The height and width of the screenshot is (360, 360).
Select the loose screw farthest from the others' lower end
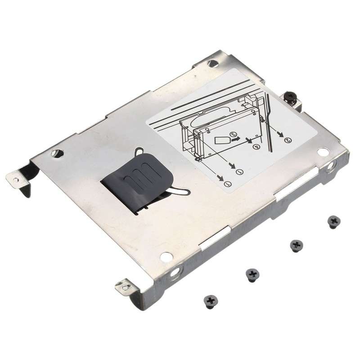[x=333, y=220]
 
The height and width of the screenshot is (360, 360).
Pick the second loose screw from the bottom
[x=252, y=274]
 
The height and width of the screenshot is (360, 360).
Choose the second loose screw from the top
[x=296, y=245]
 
